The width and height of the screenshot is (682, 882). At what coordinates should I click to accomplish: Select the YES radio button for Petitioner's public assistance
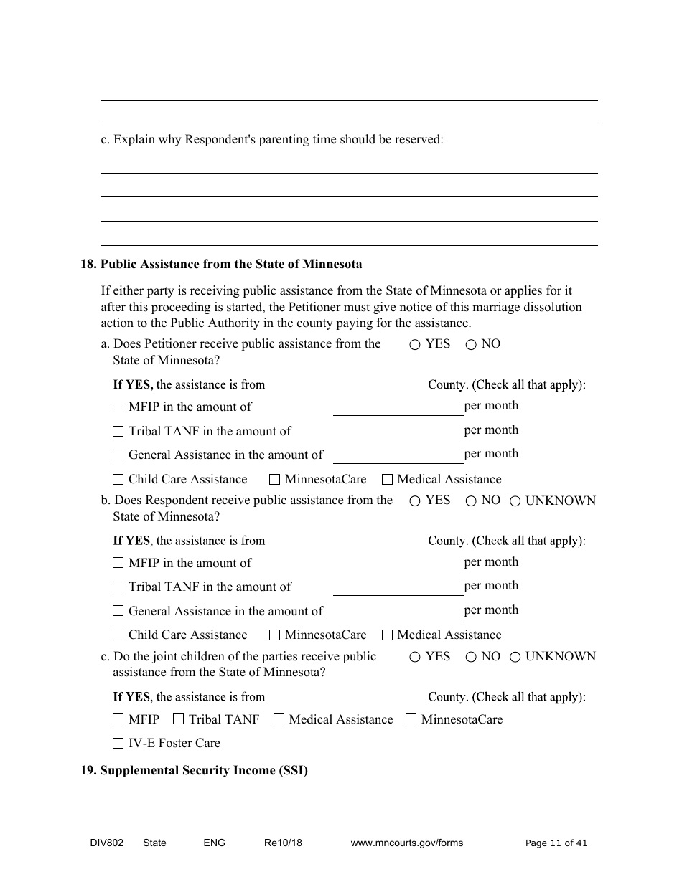(415, 345)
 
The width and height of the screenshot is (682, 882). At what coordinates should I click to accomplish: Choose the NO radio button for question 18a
(471, 345)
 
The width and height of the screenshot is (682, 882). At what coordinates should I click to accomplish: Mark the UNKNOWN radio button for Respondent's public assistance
(515, 501)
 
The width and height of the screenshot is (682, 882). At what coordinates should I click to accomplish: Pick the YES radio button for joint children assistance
(415, 657)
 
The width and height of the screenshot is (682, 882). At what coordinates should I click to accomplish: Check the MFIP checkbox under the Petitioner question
(118, 407)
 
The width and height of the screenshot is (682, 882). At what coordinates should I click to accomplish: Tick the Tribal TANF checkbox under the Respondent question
(118, 587)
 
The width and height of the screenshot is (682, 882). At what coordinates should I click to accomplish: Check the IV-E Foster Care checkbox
(118, 744)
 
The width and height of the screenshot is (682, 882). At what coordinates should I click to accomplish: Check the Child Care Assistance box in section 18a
(118, 480)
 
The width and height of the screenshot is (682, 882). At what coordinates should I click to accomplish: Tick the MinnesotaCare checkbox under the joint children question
(411, 719)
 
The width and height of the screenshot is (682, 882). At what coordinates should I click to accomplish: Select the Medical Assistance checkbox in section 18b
(387, 635)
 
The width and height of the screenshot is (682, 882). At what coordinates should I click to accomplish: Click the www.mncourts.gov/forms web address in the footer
(406, 843)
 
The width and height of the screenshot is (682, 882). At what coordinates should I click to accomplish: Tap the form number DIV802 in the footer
(96, 843)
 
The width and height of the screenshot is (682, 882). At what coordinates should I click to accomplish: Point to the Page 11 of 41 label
(556, 843)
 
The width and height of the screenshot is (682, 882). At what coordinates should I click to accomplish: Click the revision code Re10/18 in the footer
(283, 843)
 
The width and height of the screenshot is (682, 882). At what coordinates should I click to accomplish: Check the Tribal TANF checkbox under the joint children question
(179, 719)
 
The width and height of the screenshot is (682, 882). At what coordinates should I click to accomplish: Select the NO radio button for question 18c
(471, 657)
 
